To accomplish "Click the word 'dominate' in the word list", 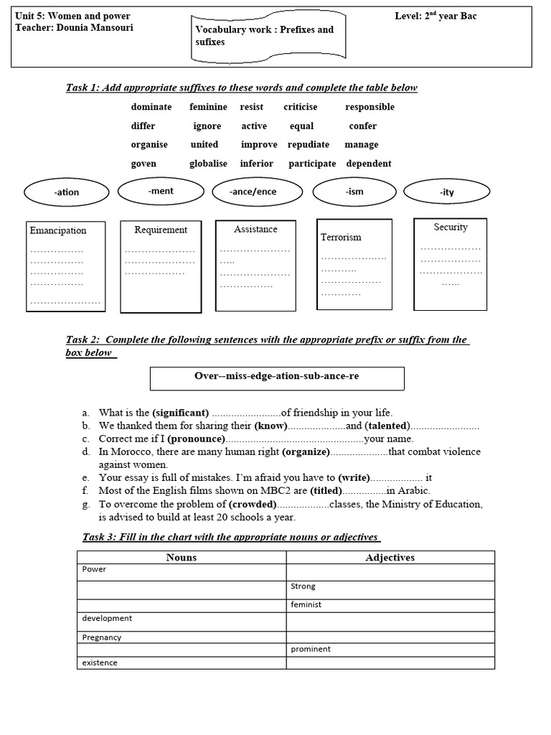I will (151, 107).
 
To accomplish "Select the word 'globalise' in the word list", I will (208, 163).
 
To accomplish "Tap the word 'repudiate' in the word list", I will (309, 144).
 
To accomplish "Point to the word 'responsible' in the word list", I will (369, 107).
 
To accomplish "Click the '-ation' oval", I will (66, 192).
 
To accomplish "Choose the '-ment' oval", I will (161, 191).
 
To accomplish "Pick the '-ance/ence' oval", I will (253, 192).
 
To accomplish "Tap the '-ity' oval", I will (446, 192).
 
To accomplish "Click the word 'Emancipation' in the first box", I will (57, 230).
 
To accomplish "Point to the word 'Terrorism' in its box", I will (341, 237).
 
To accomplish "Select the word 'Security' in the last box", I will (451, 227).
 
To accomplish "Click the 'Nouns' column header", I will (182, 557).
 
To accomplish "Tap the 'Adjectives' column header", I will (390, 557).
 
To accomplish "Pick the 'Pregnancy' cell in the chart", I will (102, 637).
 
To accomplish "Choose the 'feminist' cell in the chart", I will (306, 604).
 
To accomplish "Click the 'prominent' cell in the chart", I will (311, 649).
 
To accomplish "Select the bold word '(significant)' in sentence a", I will (181, 413).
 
